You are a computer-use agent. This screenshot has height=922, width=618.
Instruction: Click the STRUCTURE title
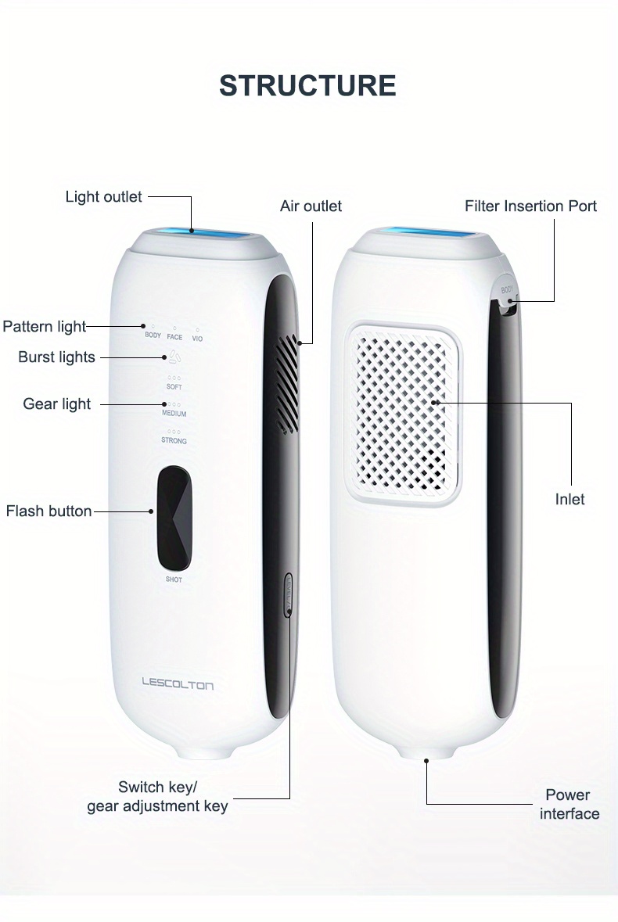[307, 85]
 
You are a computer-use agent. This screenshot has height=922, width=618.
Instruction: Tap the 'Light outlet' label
[103, 196]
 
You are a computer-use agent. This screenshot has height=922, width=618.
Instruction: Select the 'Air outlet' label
[311, 206]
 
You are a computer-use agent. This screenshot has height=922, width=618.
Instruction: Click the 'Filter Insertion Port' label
[530, 206]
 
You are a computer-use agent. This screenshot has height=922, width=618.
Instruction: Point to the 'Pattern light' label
[44, 326]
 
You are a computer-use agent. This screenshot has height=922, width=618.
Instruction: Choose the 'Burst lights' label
[56, 357]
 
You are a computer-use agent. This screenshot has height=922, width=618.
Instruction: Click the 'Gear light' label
[56, 404]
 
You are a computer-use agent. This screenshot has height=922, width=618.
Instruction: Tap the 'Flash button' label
[49, 511]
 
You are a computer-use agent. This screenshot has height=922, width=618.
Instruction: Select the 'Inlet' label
[569, 499]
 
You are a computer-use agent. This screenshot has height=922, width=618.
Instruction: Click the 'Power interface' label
[569, 804]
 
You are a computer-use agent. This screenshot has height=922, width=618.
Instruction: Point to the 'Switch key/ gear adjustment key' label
[157, 796]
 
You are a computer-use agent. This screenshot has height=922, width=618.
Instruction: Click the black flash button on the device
[174, 518]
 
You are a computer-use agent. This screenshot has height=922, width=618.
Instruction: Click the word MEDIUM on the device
[174, 413]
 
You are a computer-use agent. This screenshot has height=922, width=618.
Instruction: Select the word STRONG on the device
[174, 441]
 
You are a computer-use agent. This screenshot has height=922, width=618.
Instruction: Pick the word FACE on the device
[174, 337]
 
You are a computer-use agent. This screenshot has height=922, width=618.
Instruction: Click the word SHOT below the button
[174, 579]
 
